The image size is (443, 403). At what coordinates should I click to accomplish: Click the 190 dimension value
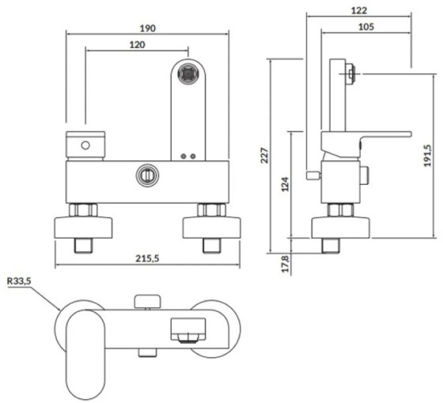click(x=147, y=28)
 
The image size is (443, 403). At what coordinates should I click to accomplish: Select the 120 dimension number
click(x=137, y=44)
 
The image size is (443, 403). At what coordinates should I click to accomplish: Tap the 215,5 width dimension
click(x=147, y=258)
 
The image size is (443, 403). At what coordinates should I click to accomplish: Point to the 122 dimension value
click(x=359, y=10)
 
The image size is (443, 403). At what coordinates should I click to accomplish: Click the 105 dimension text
click(x=365, y=27)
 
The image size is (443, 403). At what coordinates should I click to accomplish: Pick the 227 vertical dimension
click(x=264, y=155)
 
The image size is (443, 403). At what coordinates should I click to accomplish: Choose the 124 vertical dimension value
click(x=285, y=184)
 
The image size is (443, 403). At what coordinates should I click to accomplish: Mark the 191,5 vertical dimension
click(x=427, y=156)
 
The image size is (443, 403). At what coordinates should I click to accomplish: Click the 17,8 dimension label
click(x=286, y=264)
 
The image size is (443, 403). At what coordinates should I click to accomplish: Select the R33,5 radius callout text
click(x=19, y=281)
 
